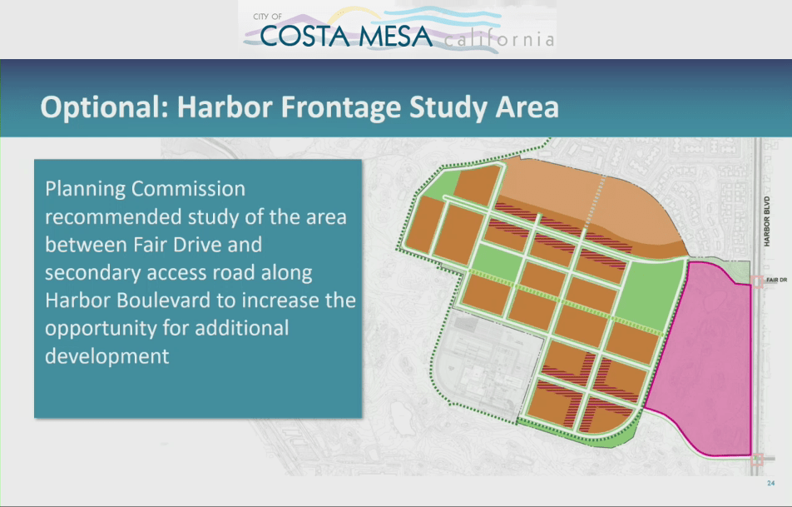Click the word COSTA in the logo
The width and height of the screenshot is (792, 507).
pos(304,36)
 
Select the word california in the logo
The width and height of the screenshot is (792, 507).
pos(499,39)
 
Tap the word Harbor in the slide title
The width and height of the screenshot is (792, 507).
pos(225,107)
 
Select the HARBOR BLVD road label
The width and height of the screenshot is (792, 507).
pos(767,221)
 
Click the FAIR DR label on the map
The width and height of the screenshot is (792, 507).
pos(776,280)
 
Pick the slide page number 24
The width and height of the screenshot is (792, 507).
pos(770,483)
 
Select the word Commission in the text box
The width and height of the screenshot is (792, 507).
pos(188,189)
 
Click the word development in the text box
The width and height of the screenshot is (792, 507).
pos(107,357)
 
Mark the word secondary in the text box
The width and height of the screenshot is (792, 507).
pos(88,273)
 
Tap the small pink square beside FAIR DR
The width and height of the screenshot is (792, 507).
pos(757,281)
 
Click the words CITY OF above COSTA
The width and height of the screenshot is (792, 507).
pos(267,17)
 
